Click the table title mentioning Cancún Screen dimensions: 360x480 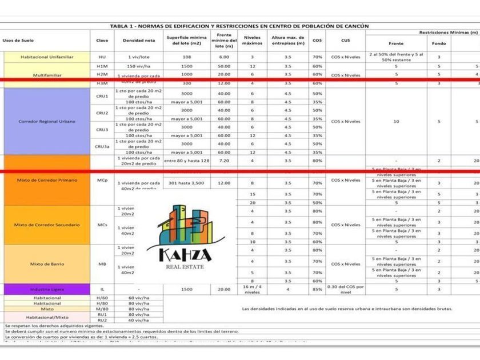239,26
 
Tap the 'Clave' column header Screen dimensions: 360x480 102,41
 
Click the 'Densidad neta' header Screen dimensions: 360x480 139,41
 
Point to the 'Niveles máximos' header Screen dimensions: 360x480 252,41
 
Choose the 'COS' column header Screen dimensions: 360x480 317,41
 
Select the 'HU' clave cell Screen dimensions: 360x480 102,57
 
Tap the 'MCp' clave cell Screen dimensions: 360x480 102,181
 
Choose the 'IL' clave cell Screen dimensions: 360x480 102,290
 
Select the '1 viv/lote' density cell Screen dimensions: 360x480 139,57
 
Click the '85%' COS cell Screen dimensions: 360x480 317,290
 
